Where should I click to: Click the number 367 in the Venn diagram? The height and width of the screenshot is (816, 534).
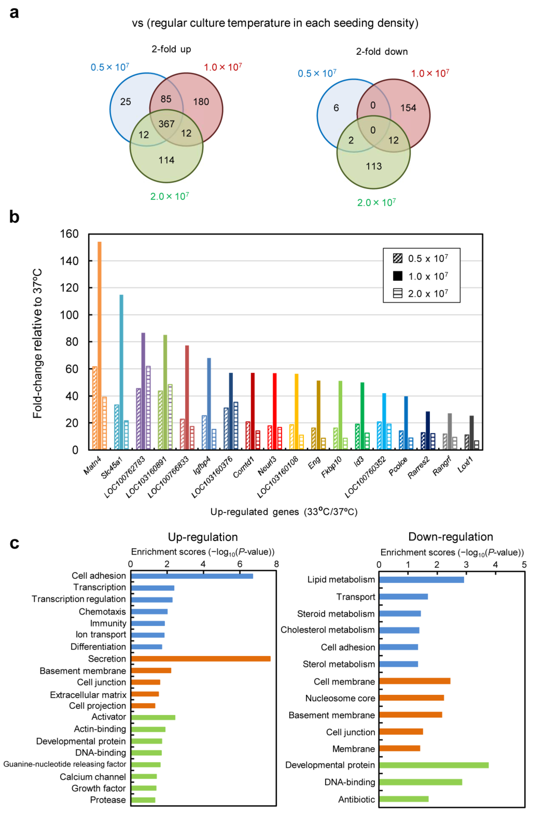coord(166,124)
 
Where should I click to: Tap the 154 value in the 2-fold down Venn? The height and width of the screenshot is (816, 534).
coord(408,108)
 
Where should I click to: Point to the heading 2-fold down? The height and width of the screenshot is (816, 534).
coord(382,52)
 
